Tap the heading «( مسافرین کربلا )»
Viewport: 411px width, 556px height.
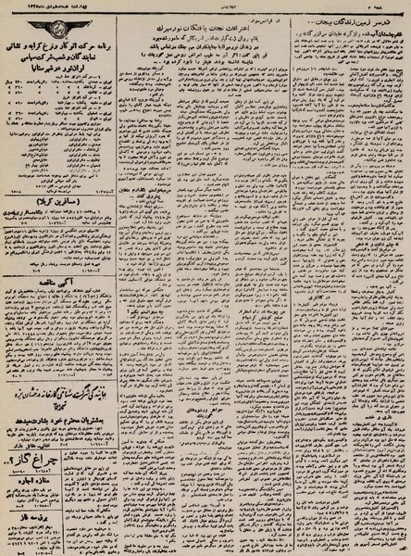point(67,199)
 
